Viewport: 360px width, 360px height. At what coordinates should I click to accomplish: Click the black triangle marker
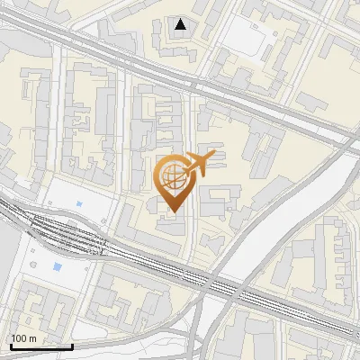coord(181,23)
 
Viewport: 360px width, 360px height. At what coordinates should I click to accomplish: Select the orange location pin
coord(174,183)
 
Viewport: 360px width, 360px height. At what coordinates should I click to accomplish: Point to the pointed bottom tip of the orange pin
coord(174,211)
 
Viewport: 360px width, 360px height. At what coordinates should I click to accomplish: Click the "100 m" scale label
coord(23,338)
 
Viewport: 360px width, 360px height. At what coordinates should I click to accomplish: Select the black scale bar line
coord(40,346)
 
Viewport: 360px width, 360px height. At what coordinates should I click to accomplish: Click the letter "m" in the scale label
coord(32,338)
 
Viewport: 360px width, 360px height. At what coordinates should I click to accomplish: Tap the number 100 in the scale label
coord(19,338)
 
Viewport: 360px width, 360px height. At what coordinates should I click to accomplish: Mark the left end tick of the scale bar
coord(10,345)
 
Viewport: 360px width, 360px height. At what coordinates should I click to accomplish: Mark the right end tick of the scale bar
coord(71,345)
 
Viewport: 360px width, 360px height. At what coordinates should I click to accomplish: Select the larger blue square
coord(58,267)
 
